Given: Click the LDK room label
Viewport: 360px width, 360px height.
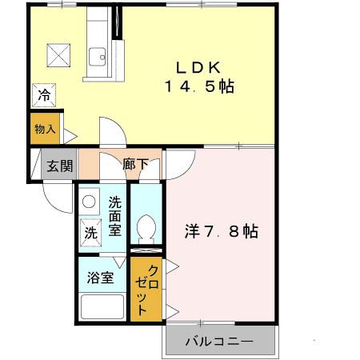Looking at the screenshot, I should (200, 66).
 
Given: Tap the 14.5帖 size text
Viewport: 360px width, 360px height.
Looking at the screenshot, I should (200, 86).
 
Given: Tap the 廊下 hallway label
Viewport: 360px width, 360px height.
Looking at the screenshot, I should (135, 165).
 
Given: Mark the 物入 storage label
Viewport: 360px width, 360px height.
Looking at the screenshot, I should (44, 129).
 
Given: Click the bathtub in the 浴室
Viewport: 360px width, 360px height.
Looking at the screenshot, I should (102, 307).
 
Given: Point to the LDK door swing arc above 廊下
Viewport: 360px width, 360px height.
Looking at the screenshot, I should (110, 132).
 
